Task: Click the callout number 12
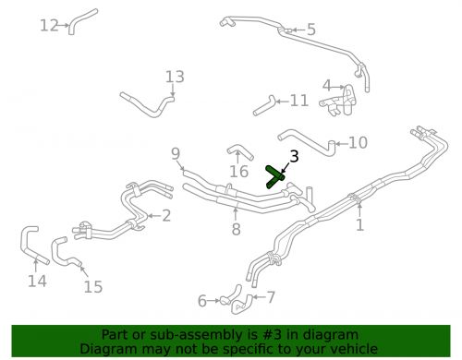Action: (x=49, y=25)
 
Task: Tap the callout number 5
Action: (x=310, y=30)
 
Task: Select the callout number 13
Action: (x=175, y=77)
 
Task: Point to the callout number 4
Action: (x=326, y=86)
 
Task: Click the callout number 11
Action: (x=298, y=100)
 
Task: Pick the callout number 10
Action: (x=358, y=142)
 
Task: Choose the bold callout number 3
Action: (x=294, y=157)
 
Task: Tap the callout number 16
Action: (x=239, y=171)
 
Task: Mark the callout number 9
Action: (x=176, y=153)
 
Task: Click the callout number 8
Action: (x=236, y=229)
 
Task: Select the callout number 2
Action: (x=166, y=216)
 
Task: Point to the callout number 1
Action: (x=360, y=224)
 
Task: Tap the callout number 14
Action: (x=36, y=281)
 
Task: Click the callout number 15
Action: (x=92, y=286)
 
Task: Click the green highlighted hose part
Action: (x=275, y=176)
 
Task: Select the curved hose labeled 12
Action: (x=81, y=20)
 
